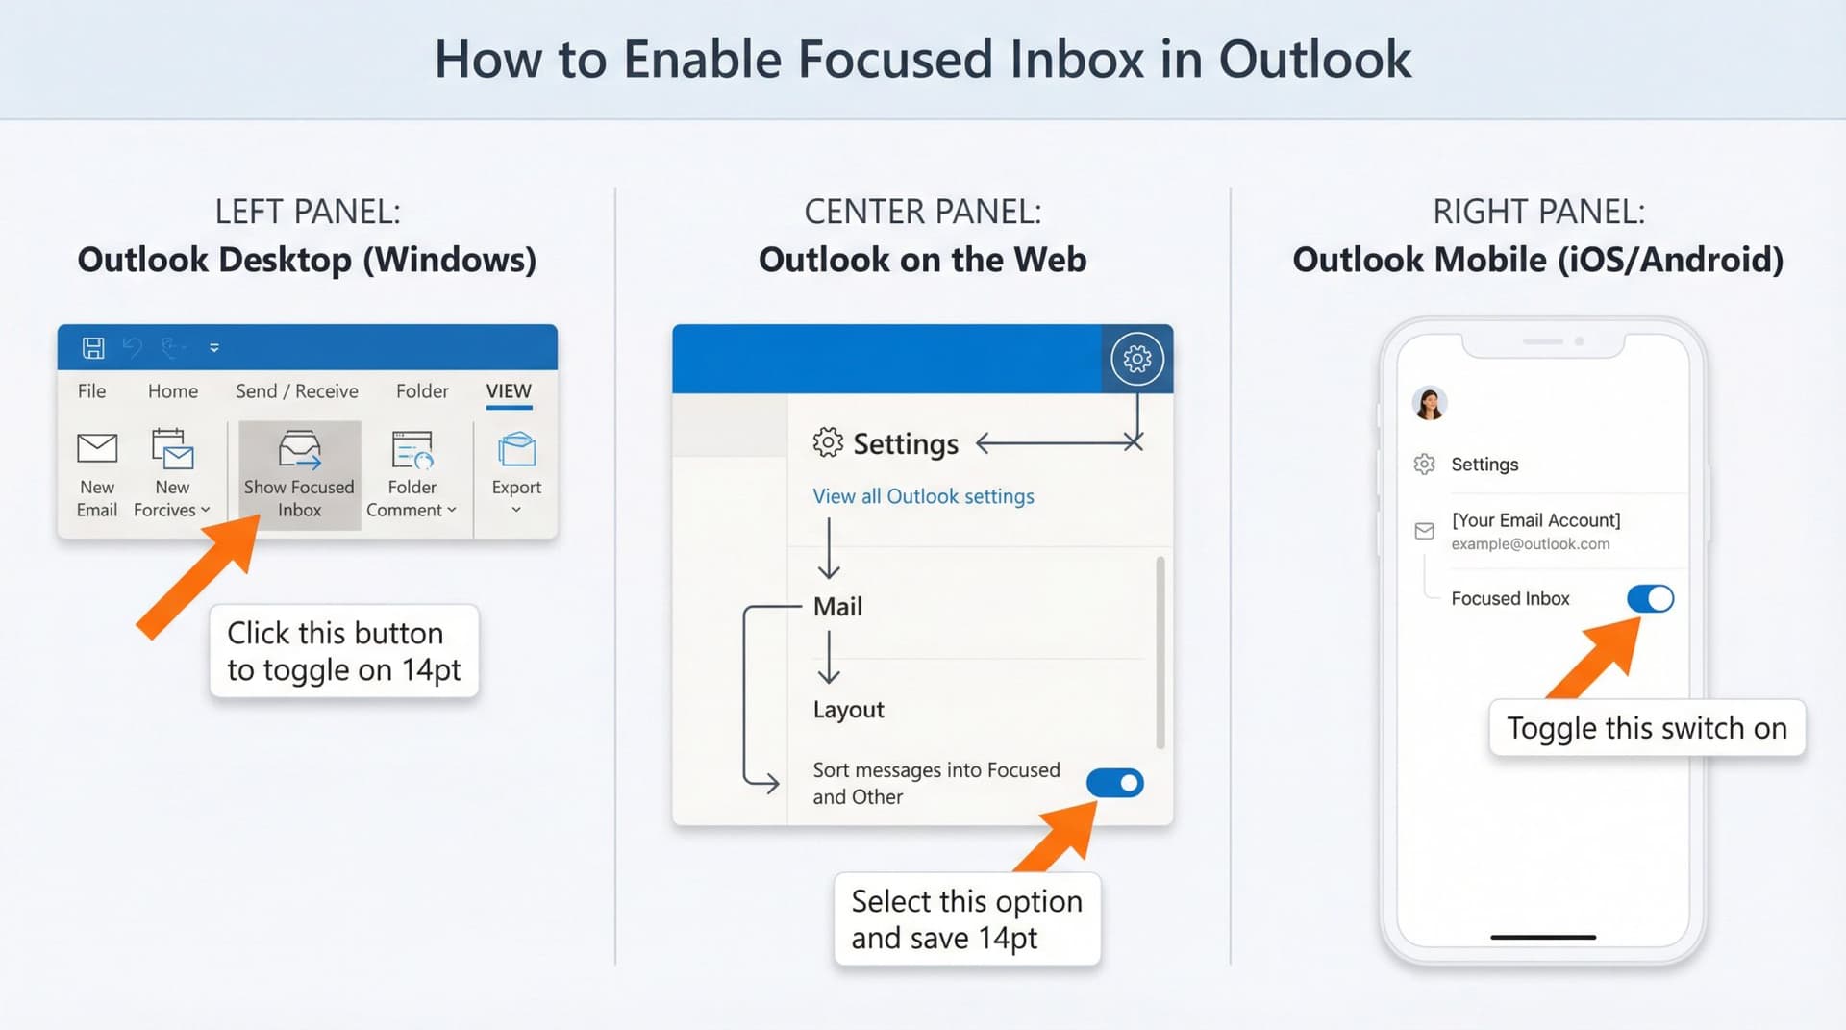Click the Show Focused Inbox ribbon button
(x=299, y=473)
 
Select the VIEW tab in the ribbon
(x=509, y=391)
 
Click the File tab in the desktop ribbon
(x=91, y=391)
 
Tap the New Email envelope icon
(x=97, y=448)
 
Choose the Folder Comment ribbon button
(x=412, y=473)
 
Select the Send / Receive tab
(x=296, y=391)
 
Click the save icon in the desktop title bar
(x=93, y=348)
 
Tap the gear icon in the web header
(x=1137, y=360)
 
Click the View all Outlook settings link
(x=923, y=496)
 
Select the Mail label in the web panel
(x=837, y=607)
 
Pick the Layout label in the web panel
(x=848, y=710)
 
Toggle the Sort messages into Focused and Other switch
(x=1115, y=784)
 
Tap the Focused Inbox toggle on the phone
(x=1650, y=599)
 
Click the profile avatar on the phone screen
(x=1430, y=403)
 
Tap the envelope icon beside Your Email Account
(x=1425, y=531)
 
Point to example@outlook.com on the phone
(x=1530, y=544)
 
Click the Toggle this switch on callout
(x=1646, y=728)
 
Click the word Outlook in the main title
(x=1314, y=60)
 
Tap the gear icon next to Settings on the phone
(x=1425, y=465)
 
